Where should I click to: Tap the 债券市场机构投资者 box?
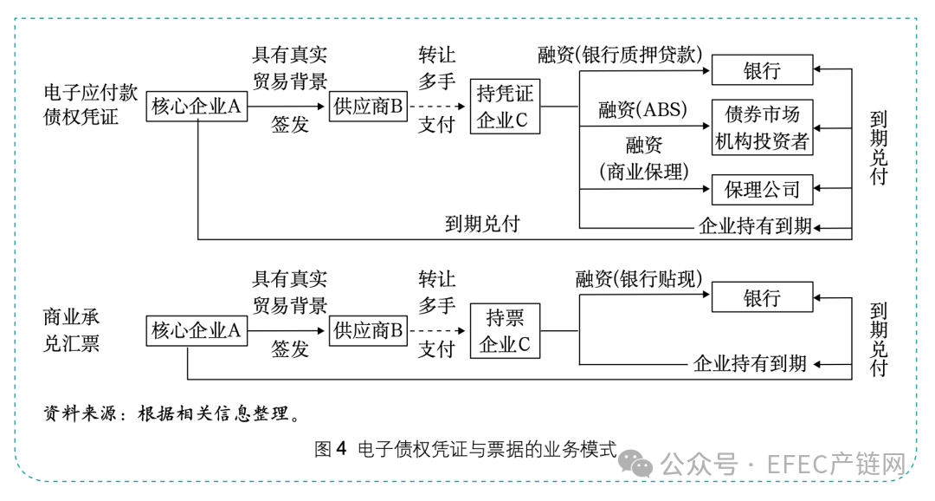pyautogui.click(x=762, y=127)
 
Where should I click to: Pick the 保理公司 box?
pyautogui.click(x=762, y=189)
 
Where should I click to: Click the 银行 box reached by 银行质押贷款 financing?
pyautogui.click(x=762, y=70)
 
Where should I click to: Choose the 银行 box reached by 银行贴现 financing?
pyautogui.click(x=762, y=297)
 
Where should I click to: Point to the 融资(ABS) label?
pyautogui.click(x=642, y=110)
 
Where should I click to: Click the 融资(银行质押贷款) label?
pyautogui.click(x=619, y=55)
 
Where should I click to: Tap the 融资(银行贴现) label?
pyautogui.click(x=638, y=279)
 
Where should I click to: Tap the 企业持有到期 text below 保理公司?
pyautogui.click(x=755, y=227)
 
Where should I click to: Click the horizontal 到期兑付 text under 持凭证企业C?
pyautogui.click(x=482, y=224)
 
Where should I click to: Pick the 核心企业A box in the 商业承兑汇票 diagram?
pyautogui.click(x=197, y=330)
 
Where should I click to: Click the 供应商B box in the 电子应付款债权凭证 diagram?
pyautogui.click(x=369, y=107)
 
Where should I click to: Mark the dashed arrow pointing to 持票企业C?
pyautogui.click(x=439, y=330)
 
